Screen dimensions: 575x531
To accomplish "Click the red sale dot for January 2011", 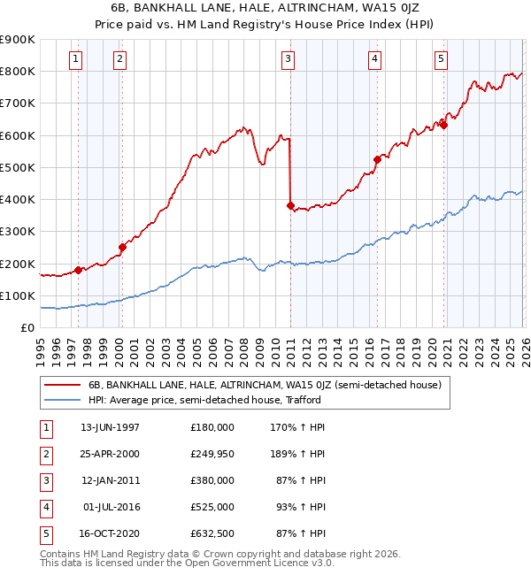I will click(x=290, y=205).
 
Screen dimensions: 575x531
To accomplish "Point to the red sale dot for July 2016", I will click(x=376, y=159).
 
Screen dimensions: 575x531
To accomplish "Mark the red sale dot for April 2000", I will click(x=122, y=247).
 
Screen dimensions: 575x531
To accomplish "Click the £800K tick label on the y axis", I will click(x=17, y=71).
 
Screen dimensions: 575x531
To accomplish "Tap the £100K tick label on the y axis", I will click(x=17, y=295).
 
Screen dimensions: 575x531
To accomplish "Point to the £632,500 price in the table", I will click(x=212, y=533).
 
